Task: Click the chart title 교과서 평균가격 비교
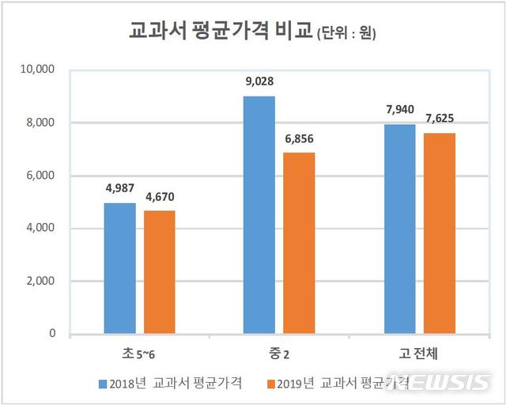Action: coord(221,32)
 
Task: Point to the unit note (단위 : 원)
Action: coord(346,34)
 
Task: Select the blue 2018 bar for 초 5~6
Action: coord(119,268)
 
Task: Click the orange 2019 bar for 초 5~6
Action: coord(159,272)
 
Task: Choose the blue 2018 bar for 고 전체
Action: coord(399,229)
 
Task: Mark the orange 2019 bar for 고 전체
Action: coord(439,233)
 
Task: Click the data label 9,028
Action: coord(260,79)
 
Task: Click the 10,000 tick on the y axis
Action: coord(36,70)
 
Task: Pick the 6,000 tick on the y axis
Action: coord(39,176)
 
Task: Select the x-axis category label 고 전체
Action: coord(419,351)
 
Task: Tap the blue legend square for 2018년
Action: coord(103,384)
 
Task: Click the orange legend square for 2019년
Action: coord(271,384)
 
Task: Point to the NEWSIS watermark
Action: coord(448,383)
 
